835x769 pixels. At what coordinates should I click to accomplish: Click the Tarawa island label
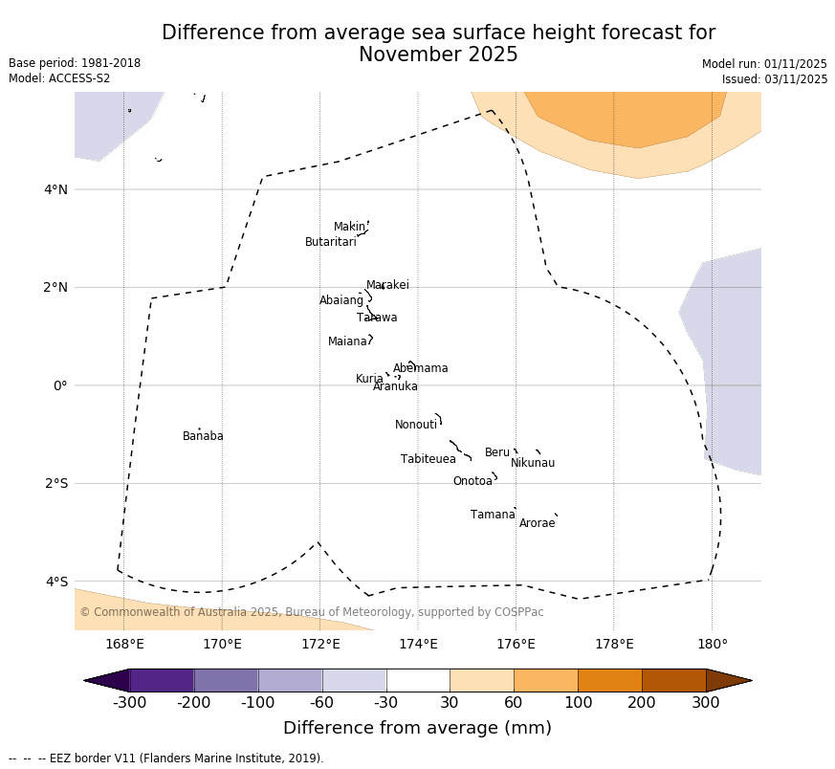pos(377,318)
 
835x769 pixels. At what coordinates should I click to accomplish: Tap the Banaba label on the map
pos(203,436)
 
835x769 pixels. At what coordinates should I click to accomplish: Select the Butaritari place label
pos(330,242)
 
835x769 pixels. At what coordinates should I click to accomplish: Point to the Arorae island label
pos(537,523)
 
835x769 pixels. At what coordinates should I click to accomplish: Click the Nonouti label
pos(415,425)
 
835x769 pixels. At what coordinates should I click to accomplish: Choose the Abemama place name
pos(420,368)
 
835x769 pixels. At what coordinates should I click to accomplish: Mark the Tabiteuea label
pos(428,459)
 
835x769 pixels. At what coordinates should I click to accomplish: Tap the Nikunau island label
pos(532,463)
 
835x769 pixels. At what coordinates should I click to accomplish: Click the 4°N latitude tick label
pos(56,189)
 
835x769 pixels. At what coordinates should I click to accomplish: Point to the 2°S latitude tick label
pos(56,483)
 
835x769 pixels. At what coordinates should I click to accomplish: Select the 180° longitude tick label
pos(712,644)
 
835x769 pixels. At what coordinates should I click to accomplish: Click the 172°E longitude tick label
pos(320,644)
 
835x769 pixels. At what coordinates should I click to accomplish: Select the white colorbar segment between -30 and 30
pos(418,680)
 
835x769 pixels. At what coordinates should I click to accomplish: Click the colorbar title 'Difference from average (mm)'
pos(417,728)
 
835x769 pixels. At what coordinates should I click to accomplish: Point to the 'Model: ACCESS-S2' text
pos(59,78)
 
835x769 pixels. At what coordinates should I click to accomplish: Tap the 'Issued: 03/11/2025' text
pos(775,79)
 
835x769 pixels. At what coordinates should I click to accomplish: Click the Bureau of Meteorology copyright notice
pos(311,612)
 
